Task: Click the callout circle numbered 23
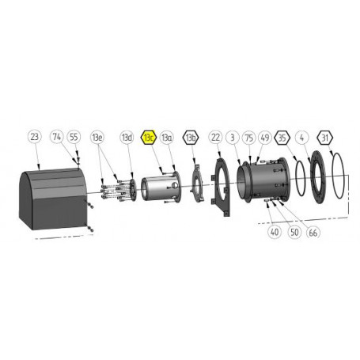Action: (34, 137)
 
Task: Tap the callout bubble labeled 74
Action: (57, 137)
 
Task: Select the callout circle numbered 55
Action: (74, 137)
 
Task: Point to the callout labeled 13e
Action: (98, 138)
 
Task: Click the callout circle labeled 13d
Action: (127, 138)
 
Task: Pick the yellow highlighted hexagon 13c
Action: (148, 138)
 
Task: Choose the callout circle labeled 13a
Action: (166, 138)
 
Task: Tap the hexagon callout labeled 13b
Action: (190, 138)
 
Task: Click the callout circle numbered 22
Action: (215, 138)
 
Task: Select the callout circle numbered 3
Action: (231, 138)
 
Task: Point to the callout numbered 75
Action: (248, 138)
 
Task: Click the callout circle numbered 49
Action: (264, 138)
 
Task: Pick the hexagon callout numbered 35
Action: (283, 138)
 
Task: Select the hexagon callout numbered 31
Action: (325, 138)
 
